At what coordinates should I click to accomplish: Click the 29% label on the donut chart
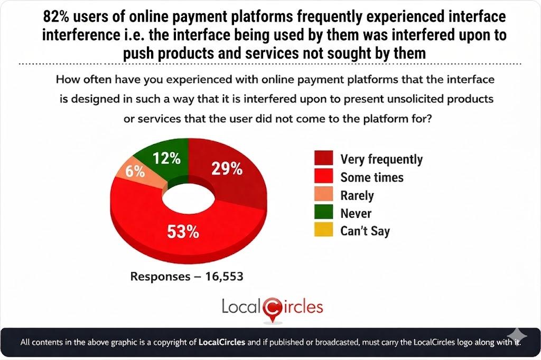[x=227, y=168]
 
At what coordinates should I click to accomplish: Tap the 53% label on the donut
[x=183, y=231]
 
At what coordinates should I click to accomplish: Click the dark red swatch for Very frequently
[x=323, y=158]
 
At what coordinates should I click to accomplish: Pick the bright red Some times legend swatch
[x=323, y=176]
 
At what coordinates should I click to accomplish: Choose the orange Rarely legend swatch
[x=323, y=195]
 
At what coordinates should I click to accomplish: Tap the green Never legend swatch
[x=323, y=213]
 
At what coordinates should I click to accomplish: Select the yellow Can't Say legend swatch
[x=323, y=231]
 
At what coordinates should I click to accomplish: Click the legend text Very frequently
[x=381, y=159]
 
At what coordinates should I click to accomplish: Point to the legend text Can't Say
[x=365, y=231]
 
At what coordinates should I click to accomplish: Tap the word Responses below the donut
[x=159, y=276]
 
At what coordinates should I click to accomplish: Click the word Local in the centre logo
[x=241, y=307]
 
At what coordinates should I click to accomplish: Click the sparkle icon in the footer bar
[x=516, y=335]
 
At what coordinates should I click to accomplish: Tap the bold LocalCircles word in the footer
[x=221, y=342]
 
